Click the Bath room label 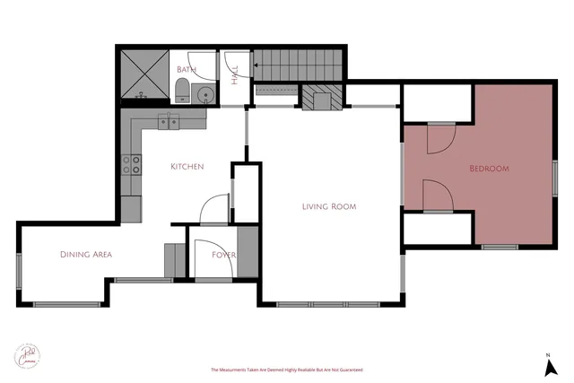(x=187, y=69)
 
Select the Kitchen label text (x=187, y=167)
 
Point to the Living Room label (x=328, y=206)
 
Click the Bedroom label (x=490, y=169)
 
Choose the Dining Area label (x=86, y=255)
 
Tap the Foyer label (x=223, y=255)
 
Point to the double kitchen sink (x=170, y=121)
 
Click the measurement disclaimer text (x=286, y=370)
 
